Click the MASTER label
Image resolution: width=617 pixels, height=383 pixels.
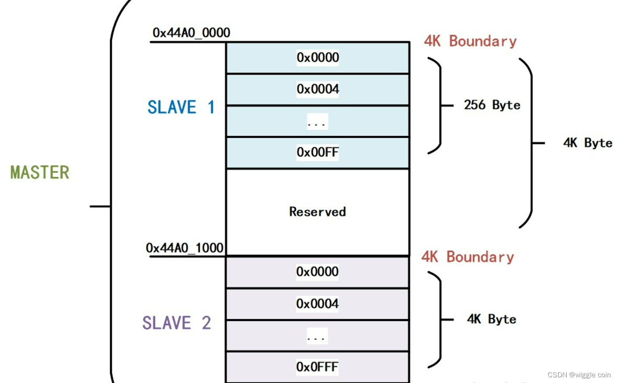pos(40,172)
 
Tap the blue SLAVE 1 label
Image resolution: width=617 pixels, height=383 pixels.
pos(180,107)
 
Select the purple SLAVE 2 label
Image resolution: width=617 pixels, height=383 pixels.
pos(176,323)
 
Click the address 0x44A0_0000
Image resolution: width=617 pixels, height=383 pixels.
pos(191,33)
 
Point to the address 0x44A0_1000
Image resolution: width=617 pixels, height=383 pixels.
pos(184,248)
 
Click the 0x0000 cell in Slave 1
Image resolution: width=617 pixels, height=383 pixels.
pos(318,57)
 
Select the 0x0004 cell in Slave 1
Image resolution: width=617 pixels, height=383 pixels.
pos(318,89)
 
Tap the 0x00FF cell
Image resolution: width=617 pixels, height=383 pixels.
pos(318,152)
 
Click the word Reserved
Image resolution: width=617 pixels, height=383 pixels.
pos(318,212)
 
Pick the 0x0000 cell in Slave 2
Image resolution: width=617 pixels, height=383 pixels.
pos(317,272)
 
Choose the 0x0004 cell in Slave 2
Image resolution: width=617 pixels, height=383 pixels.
pos(317,304)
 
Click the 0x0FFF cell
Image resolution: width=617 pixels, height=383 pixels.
pos(317,367)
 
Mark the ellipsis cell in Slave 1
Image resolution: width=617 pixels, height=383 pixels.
pos(317,121)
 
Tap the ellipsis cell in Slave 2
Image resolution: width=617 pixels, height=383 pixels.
pos(317,336)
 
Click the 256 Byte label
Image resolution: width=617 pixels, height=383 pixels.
pos(492,105)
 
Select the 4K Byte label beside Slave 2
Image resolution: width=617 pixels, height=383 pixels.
pos(491,319)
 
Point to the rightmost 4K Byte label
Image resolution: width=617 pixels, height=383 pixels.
pos(588,143)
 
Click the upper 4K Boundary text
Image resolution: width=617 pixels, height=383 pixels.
pos(470,41)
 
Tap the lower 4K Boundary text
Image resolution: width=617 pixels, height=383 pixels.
pos(468,257)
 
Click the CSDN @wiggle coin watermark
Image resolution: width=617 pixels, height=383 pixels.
pos(579,375)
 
